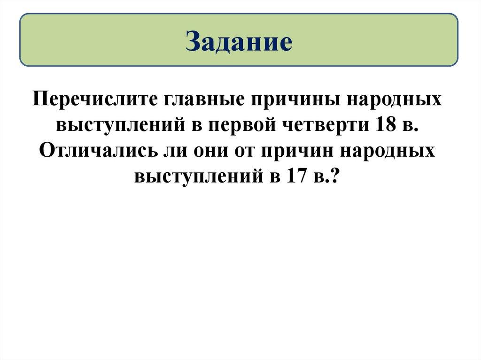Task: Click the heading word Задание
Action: click(x=239, y=41)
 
